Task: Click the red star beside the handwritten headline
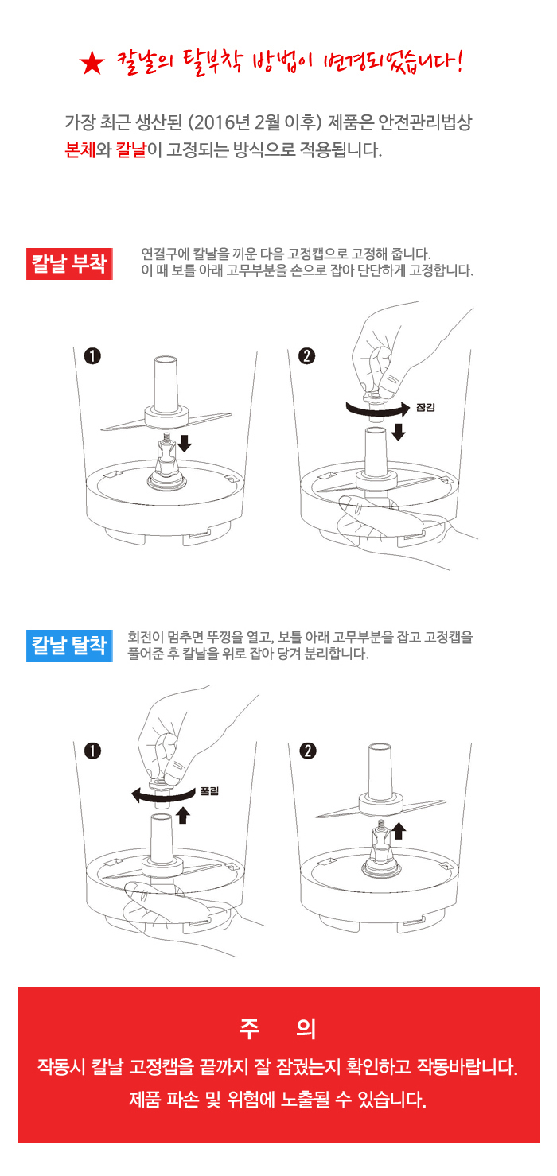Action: [92, 64]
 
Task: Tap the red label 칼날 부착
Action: [69, 263]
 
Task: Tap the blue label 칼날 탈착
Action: [69, 645]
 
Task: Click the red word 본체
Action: [80, 150]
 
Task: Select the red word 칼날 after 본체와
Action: [130, 150]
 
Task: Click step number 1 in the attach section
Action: [92, 356]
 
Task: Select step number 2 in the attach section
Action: [307, 356]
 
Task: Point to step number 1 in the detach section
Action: [92, 751]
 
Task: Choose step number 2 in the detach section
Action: [308, 751]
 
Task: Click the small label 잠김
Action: [425, 407]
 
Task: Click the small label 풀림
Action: [209, 791]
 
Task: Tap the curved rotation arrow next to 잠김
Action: [377, 413]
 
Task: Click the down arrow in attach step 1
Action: [185, 443]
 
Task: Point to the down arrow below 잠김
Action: [399, 432]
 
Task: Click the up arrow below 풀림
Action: [183, 815]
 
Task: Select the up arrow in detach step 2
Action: [399, 831]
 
